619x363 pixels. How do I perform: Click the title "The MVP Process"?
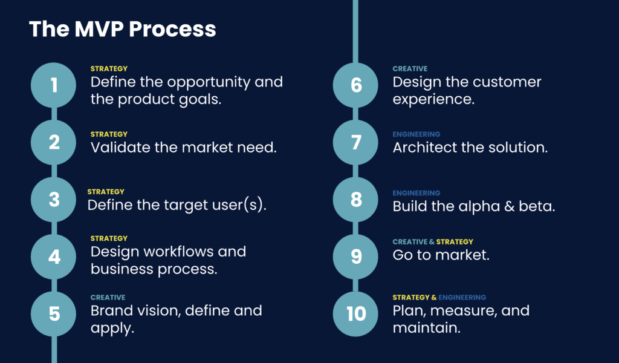122,29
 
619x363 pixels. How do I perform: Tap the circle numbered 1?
54,85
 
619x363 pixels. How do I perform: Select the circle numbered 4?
54,257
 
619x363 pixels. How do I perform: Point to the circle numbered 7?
355,142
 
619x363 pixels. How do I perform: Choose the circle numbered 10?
355,314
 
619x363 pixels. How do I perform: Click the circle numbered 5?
54,314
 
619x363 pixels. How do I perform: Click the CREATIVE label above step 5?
108,298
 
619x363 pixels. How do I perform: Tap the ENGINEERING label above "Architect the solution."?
416,134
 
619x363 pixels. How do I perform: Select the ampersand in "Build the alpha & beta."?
509,206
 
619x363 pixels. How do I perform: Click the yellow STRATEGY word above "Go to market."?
455,242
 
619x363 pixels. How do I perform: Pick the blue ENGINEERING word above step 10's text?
462,298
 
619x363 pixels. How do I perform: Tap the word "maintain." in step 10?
427,328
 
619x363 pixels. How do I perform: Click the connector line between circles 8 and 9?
355,228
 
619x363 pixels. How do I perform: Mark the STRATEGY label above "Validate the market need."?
109,134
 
